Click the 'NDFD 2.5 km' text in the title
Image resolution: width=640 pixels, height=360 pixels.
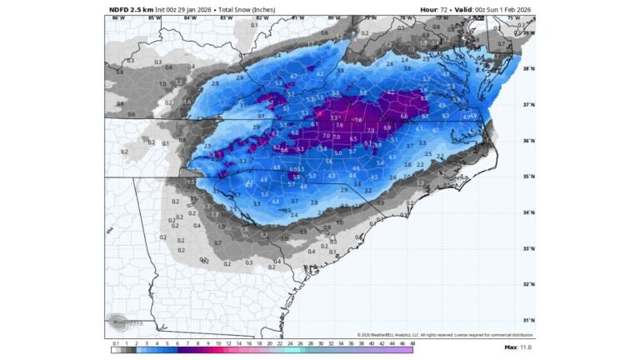pos(131,9)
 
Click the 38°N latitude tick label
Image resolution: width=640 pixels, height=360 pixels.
pos(528,69)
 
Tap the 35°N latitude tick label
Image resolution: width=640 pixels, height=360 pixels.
pos(528,177)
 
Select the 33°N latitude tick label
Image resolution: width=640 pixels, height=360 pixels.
pos(528,248)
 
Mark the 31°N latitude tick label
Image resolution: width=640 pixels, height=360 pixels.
pos(528,320)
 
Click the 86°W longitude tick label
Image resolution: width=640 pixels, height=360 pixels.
pos(117,17)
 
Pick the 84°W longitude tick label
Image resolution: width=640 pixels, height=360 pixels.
pos(191,17)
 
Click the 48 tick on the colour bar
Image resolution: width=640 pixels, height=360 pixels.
pos(411,342)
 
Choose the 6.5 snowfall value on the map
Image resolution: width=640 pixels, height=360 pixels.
pos(353,139)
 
